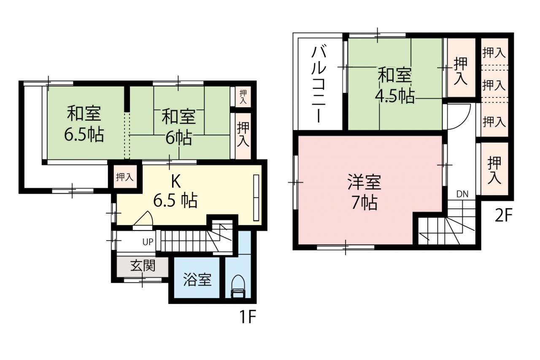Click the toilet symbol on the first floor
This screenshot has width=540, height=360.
click(238, 287)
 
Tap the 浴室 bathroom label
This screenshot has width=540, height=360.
click(197, 280)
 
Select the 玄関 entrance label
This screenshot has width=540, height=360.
click(143, 266)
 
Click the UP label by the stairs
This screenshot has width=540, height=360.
click(148, 241)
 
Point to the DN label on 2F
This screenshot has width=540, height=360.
click(462, 194)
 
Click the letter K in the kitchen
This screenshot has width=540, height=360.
click(176, 181)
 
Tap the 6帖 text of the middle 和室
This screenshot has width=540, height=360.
click(178, 138)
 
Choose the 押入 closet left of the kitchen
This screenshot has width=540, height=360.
click(124, 177)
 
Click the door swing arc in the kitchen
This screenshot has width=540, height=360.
click(148, 215)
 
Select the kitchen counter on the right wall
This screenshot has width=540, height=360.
click(256, 198)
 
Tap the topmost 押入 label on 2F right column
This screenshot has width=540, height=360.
click(494, 53)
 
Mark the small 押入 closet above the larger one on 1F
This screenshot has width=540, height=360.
click(243, 97)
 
